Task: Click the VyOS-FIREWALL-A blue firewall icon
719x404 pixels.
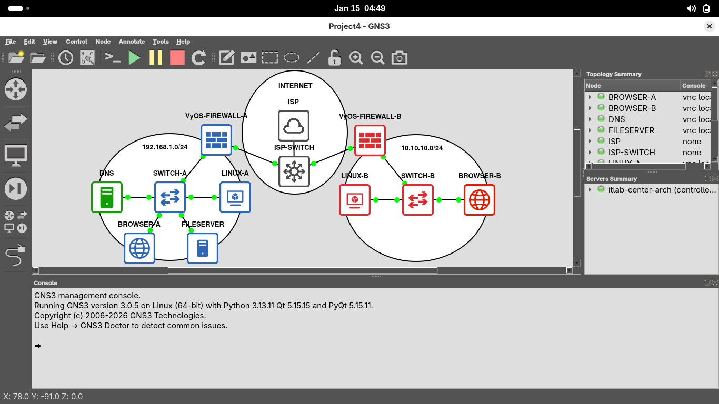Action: [216, 140]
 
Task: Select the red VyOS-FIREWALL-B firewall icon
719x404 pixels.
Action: [370, 140]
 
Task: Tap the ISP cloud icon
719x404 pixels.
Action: [293, 126]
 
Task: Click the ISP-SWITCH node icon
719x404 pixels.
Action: [294, 171]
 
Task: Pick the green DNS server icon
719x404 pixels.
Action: [106, 197]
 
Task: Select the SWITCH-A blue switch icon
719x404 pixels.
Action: [169, 197]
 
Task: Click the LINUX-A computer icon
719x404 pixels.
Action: [235, 197]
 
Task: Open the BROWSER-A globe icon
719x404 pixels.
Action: [139, 248]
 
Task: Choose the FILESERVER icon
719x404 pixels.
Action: [203, 248]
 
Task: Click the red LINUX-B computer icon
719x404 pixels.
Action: [354, 200]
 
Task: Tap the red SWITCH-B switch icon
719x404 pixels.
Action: [417, 200]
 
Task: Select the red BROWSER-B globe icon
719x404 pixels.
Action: [479, 200]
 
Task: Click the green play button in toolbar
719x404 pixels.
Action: [134, 58]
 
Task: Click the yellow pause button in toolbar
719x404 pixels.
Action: [156, 58]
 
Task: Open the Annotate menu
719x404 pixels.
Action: [132, 42]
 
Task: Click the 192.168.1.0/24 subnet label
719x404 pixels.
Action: [165, 147]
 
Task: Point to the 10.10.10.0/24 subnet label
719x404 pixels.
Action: [422, 148]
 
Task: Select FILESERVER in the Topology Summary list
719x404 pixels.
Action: [631, 130]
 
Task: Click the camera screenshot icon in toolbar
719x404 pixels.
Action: [400, 58]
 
